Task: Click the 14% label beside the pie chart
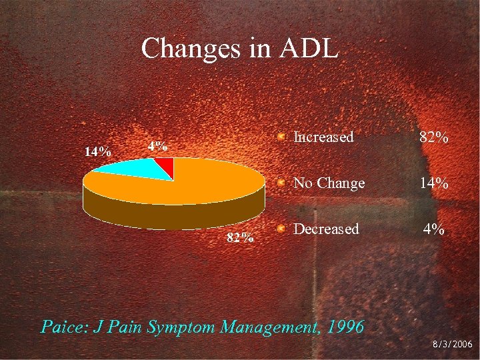(x=97, y=151)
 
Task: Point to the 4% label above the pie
(x=158, y=146)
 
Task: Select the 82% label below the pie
(x=239, y=237)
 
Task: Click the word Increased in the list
(x=323, y=137)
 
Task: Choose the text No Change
(x=329, y=183)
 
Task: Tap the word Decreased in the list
(x=326, y=229)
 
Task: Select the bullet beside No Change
(x=283, y=182)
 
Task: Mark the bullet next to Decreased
(x=283, y=228)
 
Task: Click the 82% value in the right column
(x=433, y=138)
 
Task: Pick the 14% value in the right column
(x=433, y=183)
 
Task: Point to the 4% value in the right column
(x=433, y=229)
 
